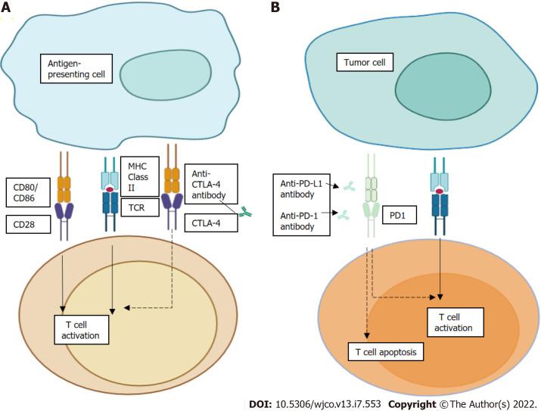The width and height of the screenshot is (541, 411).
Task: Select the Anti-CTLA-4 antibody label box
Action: coord(210,182)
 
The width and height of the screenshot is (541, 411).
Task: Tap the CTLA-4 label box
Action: coord(209,223)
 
